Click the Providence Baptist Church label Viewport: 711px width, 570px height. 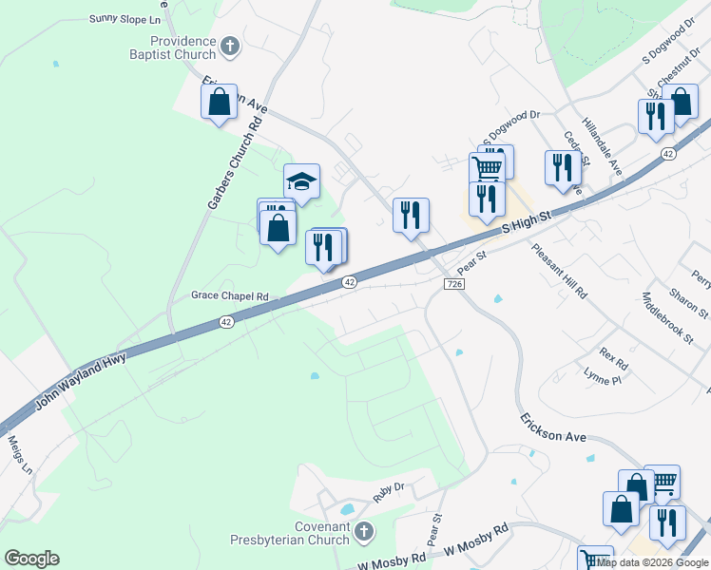click(x=183, y=47)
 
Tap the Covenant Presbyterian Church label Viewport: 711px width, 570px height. click(x=290, y=534)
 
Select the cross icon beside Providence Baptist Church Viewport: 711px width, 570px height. click(x=230, y=46)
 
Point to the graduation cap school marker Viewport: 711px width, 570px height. click(x=301, y=180)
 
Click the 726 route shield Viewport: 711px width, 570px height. click(x=453, y=284)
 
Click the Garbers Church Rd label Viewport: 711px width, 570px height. click(x=234, y=164)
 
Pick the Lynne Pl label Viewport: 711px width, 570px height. click(x=602, y=379)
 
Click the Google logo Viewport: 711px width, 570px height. click(x=31, y=559)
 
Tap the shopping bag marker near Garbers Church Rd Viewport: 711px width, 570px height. click(x=220, y=101)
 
